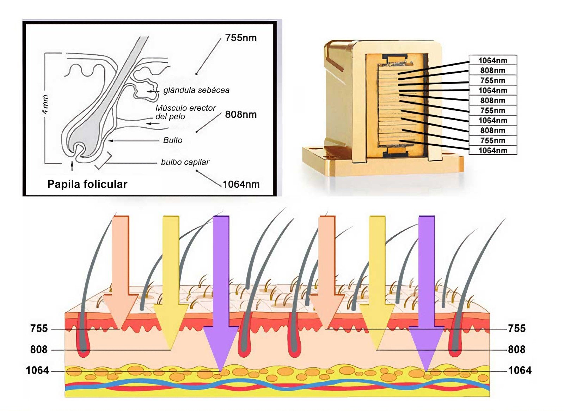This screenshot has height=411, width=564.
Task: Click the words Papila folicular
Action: pyautogui.click(x=87, y=184)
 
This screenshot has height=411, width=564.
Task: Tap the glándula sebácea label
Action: pyautogui.click(x=196, y=90)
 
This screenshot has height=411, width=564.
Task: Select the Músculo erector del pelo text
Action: pyautogui.click(x=185, y=112)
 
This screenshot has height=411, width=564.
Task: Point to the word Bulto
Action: pyautogui.click(x=173, y=140)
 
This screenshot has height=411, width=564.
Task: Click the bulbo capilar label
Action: pyautogui.click(x=185, y=162)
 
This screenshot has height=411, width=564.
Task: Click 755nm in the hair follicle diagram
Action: pyautogui.click(x=241, y=38)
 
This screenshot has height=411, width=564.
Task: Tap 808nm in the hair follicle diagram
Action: pyautogui.click(x=241, y=114)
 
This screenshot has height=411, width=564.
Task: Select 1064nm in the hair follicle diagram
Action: pyautogui.click(x=241, y=184)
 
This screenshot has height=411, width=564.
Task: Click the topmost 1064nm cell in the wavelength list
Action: pyautogui.click(x=493, y=60)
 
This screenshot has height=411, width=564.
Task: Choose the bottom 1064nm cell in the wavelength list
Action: pyautogui.click(x=493, y=150)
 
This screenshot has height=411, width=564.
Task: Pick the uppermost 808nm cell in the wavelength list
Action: pyautogui.click(x=493, y=70)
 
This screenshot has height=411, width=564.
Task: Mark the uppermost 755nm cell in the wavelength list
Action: pyautogui.click(x=493, y=80)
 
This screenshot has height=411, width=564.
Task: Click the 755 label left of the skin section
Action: pyautogui.click(x=39, y=328)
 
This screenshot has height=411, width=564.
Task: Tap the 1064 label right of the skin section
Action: pyautogui.click(x=520, y=370)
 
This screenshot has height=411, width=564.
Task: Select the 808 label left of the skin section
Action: pyautogui.click(x=39, y=349)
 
